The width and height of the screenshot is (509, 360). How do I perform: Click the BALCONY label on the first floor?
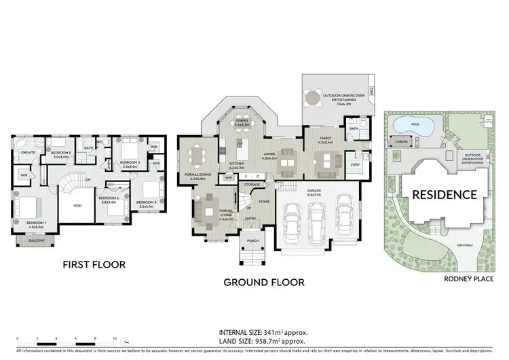[28, 240]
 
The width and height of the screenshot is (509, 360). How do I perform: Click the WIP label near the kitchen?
[229, 177]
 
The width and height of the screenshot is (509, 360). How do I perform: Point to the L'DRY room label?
[354, 166]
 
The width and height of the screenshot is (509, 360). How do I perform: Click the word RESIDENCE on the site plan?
[445, 194]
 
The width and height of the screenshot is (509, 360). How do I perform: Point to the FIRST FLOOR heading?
[94, 264]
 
